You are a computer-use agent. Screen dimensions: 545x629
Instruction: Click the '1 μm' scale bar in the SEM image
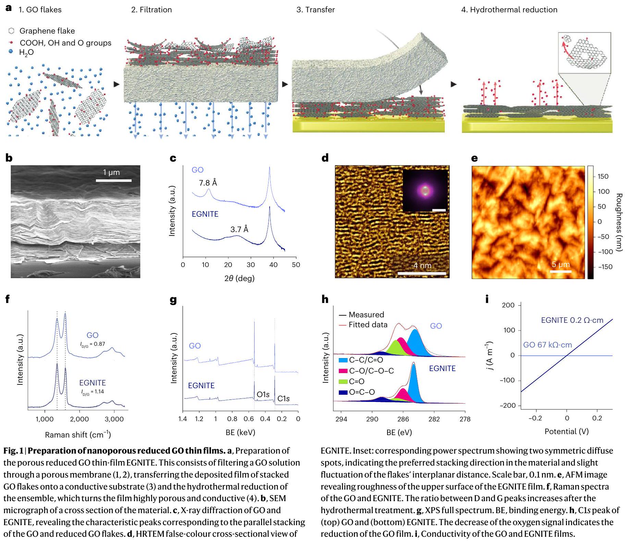tap(113, 180)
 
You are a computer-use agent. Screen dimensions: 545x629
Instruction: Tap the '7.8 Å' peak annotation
tap(208, 183)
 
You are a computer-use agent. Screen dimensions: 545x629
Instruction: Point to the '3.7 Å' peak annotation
tap(239, 229)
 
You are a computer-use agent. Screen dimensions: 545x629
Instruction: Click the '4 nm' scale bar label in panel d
tap(422, 266)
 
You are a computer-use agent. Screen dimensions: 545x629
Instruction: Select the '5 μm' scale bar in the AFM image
tap(561, 271)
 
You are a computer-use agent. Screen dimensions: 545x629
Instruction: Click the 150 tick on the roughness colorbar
tap(603, 177)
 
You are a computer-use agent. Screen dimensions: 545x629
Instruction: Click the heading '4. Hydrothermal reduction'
tap(509, 10)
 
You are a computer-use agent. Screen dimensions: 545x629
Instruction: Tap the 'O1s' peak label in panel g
tap(263, 395)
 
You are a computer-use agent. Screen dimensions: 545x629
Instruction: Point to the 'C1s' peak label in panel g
tap(283, 398)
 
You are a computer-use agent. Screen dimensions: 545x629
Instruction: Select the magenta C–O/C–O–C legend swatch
tap(343, 371)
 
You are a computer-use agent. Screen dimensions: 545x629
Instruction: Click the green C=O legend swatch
tap(343, 381)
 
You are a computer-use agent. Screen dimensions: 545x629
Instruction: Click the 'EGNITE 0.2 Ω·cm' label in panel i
tap(572, 320)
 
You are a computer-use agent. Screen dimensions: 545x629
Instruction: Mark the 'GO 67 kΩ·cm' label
tap(547, 345)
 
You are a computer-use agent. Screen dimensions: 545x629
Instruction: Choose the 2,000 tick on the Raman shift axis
tap(79, 419)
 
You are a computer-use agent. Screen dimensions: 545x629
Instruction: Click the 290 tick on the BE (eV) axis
tap(372, 419)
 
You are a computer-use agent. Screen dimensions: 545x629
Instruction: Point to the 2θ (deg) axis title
tap(239, 278)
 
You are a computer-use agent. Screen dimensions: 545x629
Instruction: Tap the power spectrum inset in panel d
tap(425, 190)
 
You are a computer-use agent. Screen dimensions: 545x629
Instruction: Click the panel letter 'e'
tap(474, 158)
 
